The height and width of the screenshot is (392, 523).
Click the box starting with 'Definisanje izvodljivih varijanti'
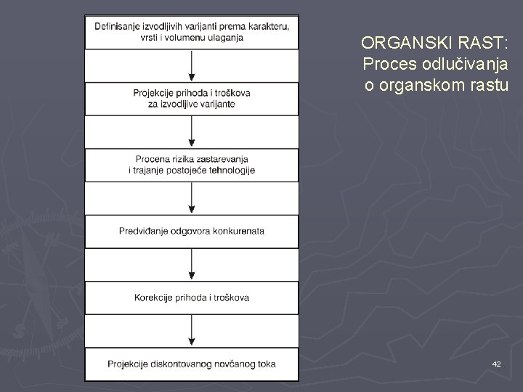click(192, 32)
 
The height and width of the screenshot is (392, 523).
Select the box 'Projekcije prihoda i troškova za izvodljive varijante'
click(192, 99)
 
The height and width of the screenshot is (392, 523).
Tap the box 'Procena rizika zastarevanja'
click(192, 165)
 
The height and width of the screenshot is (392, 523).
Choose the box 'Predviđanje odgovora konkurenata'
click(192, 231)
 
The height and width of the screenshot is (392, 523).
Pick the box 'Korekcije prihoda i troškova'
click(192, 298)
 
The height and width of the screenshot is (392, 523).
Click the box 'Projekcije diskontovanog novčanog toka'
click(192, 364)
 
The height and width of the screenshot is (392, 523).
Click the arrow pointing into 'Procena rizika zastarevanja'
click(192, 132)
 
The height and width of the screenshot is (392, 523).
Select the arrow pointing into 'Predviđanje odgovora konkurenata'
click(192, 198)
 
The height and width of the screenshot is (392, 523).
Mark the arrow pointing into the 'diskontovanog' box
click(192, 331)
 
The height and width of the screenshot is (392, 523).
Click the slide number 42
click(495, 363)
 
